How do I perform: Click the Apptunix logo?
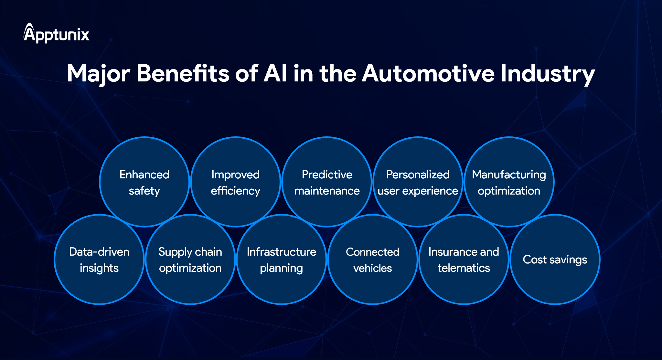(57, 34)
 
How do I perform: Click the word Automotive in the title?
(428, 73)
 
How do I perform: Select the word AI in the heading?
(275, 73)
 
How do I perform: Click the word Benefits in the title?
(183, 73)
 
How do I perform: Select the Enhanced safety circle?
(144, 182)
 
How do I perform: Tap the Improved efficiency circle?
(236, 182)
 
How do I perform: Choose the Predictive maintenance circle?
(327, 182)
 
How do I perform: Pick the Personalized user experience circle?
(418, 182)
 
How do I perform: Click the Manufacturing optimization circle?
(509, 182)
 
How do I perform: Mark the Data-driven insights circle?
(99, 259)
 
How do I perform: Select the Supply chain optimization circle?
(190, 259)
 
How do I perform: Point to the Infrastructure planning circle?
(282, 259)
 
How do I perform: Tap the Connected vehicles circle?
(373, 259)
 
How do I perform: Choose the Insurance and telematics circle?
(464, 259)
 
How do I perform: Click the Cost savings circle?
(555, 259)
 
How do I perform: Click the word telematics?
(464, 268)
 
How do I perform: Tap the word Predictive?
(327, 175)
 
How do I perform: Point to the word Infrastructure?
(282, 252)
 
